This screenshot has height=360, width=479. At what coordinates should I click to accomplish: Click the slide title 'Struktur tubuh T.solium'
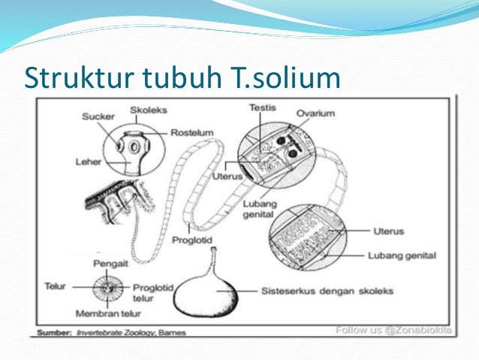pyautogui.click(x=182, y=77)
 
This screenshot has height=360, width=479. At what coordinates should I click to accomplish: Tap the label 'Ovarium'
pyautogui.click(x=316, y=114)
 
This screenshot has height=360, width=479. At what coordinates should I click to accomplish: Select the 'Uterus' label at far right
pyautogui.click(x=390, y=230)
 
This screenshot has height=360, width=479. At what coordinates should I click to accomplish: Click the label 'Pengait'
pyautogui.click(x=107, y=264)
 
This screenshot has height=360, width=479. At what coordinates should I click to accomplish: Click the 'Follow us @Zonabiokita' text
pyautogui.click(x=394, y=328)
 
